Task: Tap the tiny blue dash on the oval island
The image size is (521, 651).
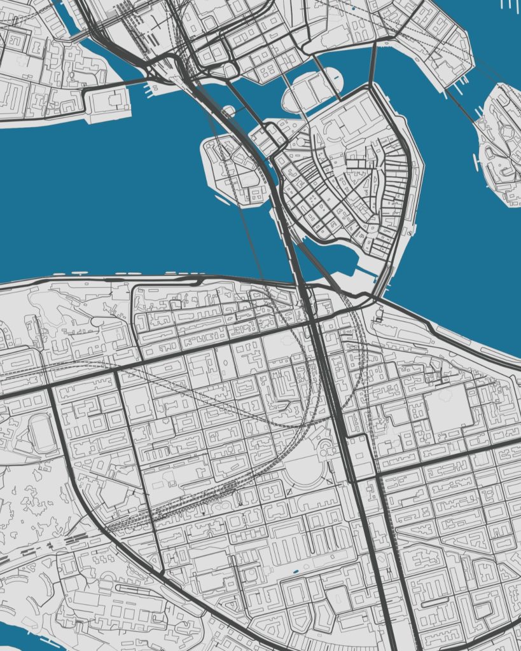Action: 333,79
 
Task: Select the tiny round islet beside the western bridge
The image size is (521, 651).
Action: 228,111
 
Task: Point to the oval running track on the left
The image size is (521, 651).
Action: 43,434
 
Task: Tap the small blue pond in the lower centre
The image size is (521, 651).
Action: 295,573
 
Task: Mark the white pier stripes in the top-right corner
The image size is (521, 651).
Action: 510,4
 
